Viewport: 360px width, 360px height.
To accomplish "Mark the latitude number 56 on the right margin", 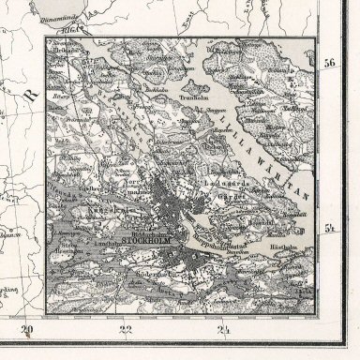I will click(329, 64).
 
